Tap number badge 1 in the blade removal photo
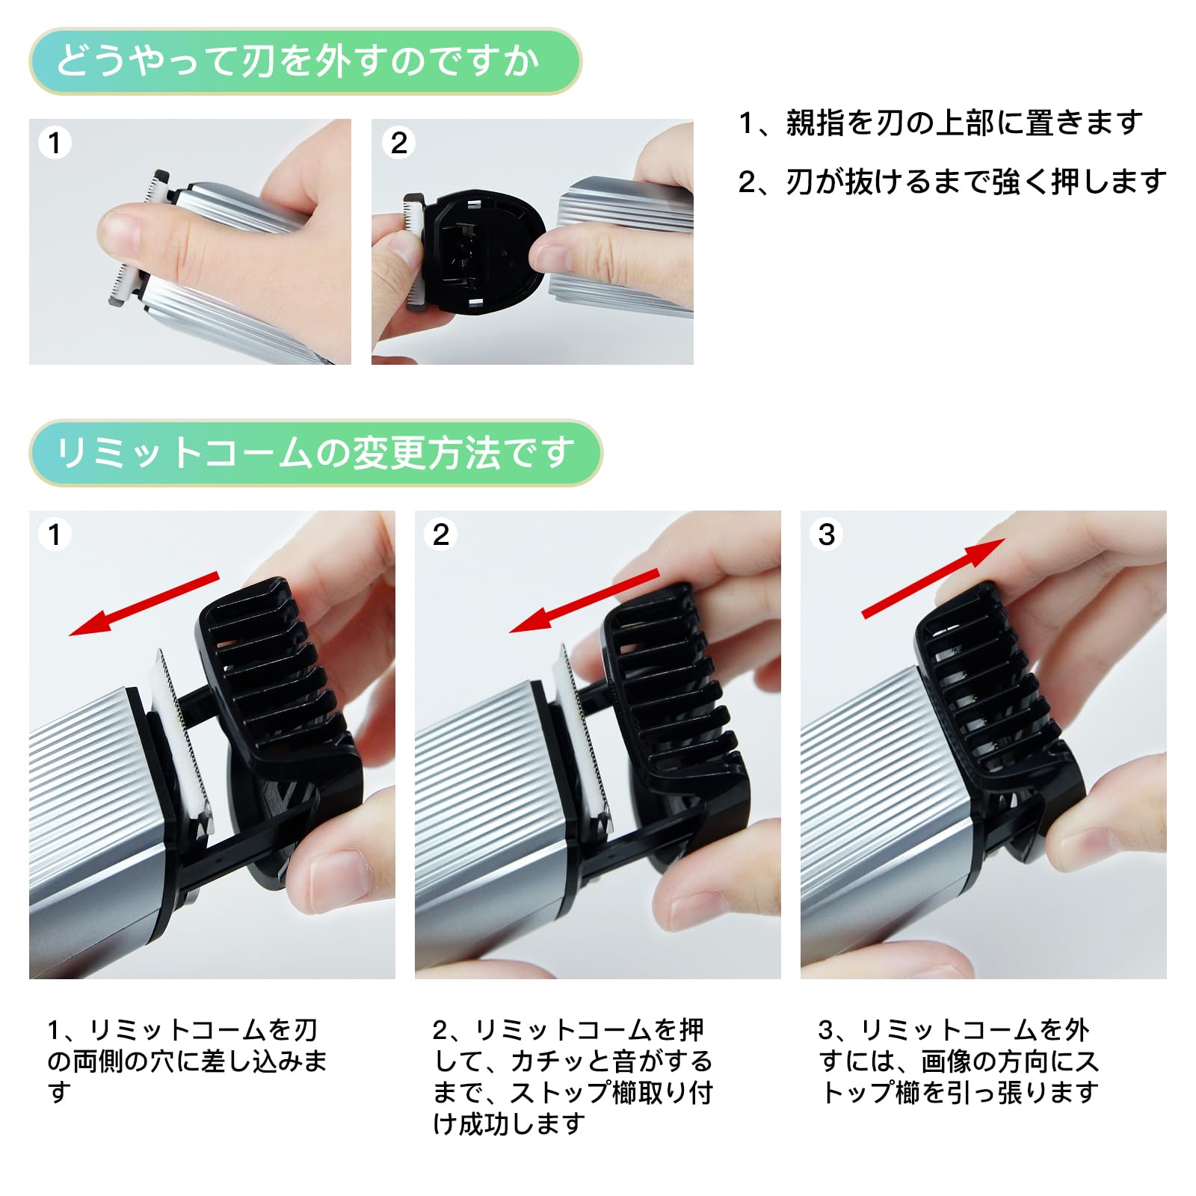tap(55, 143)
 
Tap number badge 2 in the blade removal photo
tap(398, 143)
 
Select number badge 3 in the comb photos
tap(826, 534)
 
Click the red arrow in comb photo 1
tap(144, 604)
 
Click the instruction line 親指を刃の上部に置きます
tap(940, 123)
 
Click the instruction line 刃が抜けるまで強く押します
tap(952, 182)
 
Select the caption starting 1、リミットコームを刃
tap(187, 1061)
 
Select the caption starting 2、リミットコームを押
tap(572, 1076)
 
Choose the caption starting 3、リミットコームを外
tap(958, 1061)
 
